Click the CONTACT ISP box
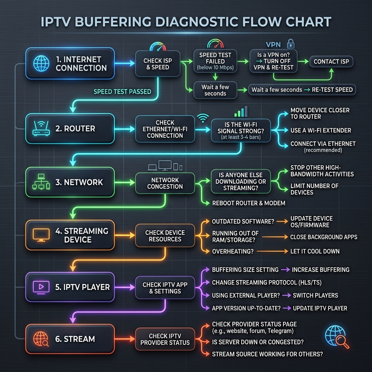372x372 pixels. [x=331, y=61]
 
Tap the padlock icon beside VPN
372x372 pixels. [x=290, y=44]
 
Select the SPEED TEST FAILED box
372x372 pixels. [x=215, y=61]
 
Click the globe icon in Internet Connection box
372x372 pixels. [x=41, y=63]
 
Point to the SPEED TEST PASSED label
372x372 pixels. [x=122, y=92]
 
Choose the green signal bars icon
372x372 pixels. [x=241, y=112]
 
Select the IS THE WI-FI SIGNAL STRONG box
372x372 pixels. [x=241, y=130]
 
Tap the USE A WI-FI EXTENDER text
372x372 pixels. [x=321, y=130]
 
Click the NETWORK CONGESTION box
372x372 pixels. [x=165, y=183]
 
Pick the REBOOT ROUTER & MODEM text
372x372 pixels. [x=248, y=203]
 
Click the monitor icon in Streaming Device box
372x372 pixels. [x=41, y=235]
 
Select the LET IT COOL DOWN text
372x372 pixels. [x=315, y=251]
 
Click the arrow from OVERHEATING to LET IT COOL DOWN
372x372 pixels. [x=272, y=251]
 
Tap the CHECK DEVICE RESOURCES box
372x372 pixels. [x=165, y=235]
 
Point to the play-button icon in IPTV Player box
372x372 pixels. [x=41, y=287]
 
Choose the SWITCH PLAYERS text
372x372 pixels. [x=315, y=295]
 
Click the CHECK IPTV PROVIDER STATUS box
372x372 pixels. [x=165, y=339]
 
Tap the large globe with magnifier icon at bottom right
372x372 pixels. [x=337, y=337]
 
